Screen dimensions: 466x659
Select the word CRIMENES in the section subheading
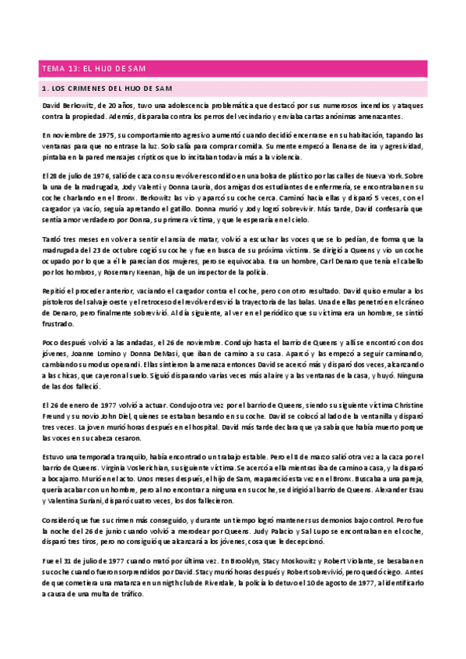point(87,87)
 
